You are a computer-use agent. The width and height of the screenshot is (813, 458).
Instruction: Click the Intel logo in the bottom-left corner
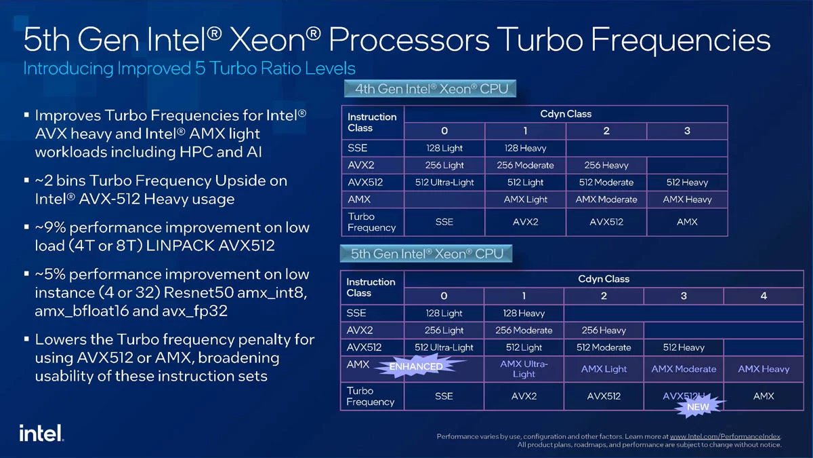tap(41, 432)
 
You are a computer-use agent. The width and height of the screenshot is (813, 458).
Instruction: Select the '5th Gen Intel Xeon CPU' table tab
tap(427, 254)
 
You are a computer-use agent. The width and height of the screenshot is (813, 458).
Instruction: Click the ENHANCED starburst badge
tap(416, 366)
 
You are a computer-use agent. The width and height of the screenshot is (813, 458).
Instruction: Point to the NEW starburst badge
tap(698, 406)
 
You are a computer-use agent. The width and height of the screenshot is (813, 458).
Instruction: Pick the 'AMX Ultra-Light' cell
tap(523, 368)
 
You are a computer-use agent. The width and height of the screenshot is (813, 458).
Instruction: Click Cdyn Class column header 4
tap(764, 296)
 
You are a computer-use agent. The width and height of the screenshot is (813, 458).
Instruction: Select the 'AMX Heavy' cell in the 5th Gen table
tap(764, 369)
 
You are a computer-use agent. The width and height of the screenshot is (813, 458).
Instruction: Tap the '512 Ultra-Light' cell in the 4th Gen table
tap(444, 182)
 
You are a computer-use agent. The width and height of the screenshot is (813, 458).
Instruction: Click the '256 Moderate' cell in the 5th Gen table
tap(524, 330)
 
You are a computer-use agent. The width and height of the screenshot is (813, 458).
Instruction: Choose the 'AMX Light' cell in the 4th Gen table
tap(526, 199)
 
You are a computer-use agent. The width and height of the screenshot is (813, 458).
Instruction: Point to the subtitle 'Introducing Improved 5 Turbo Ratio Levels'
tap(189, 69)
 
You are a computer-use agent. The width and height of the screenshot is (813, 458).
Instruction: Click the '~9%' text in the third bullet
tap(53, 227)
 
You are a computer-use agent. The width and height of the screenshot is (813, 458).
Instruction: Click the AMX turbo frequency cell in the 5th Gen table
tap(764, 396)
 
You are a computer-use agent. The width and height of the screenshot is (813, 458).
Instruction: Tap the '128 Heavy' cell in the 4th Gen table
tap(526, 148)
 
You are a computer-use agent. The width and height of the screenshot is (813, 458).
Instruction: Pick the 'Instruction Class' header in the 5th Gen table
tap(371, 287)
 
